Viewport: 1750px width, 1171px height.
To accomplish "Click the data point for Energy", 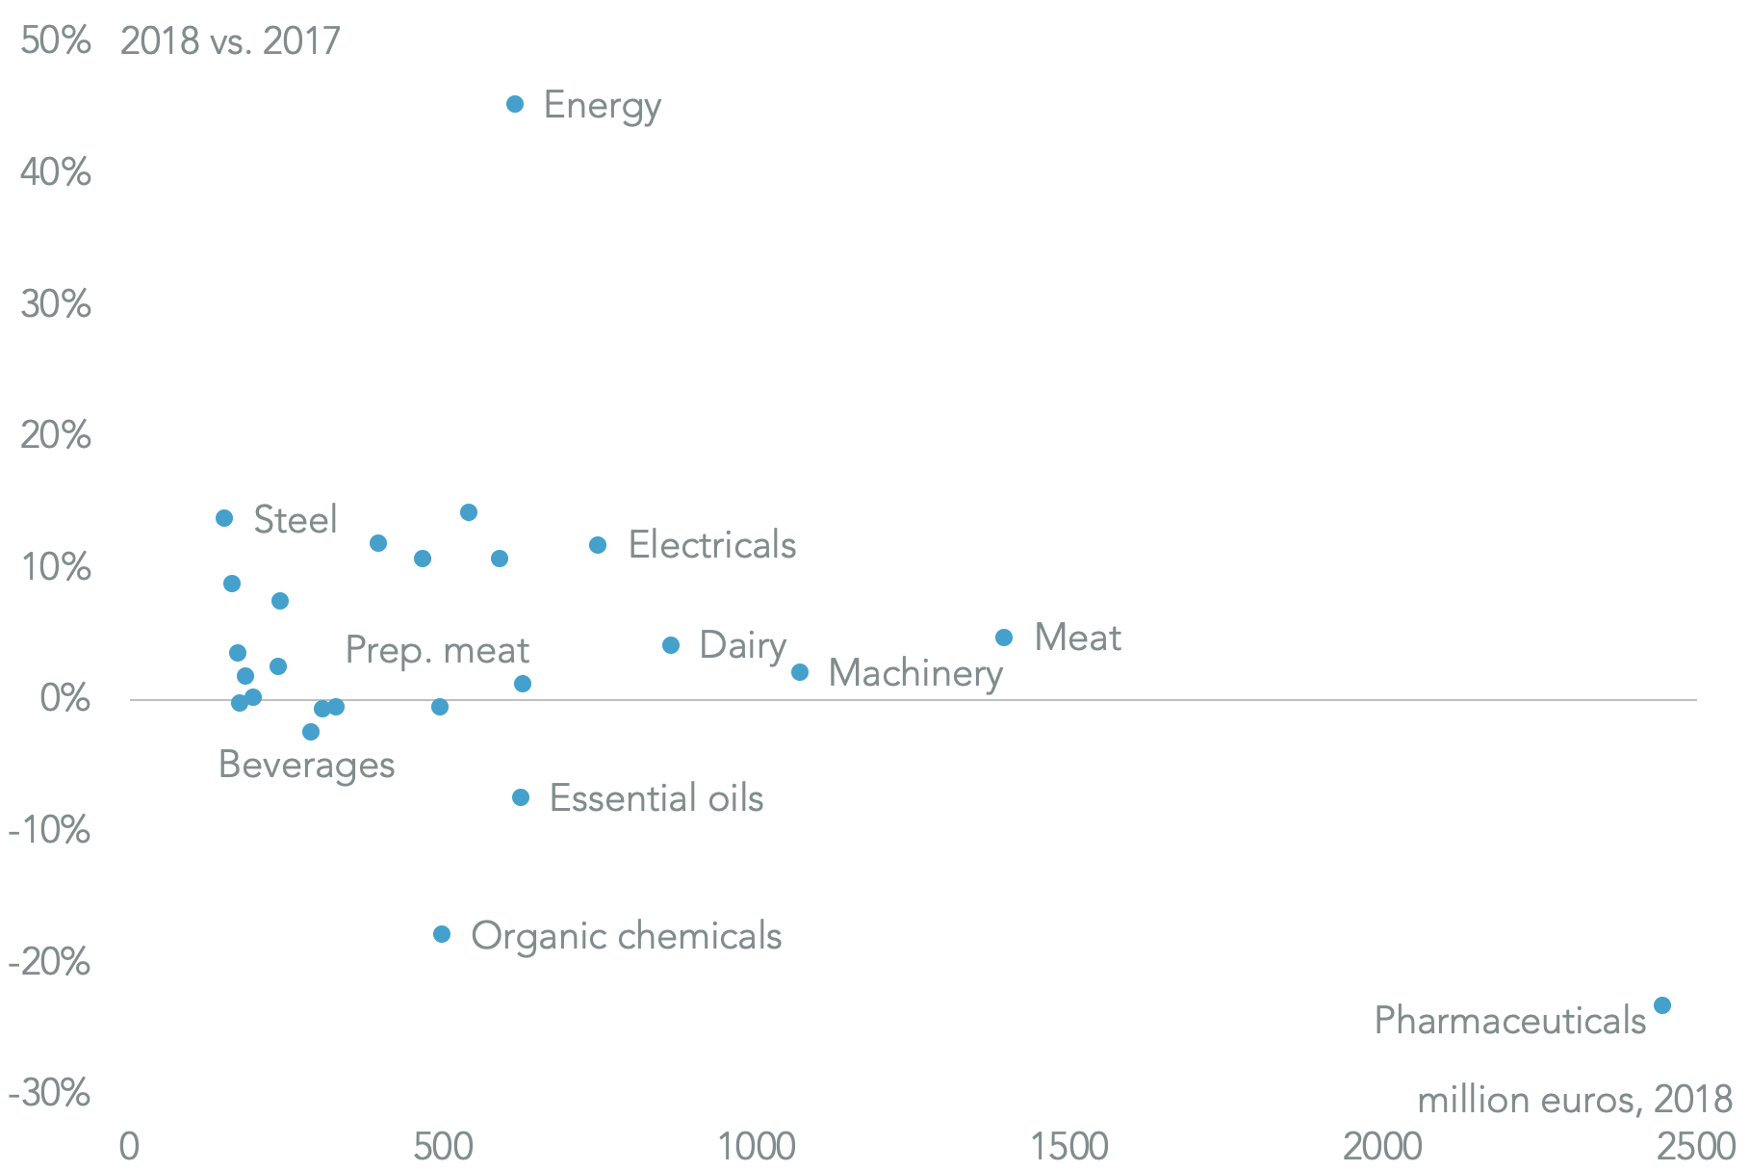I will pos(515,104).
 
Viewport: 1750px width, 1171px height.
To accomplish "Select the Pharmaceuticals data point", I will pos(1661,1005).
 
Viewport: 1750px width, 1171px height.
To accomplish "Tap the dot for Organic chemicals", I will pos(442,934).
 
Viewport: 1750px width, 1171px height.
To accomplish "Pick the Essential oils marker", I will pos(521,797).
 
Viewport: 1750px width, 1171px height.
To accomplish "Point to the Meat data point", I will pos(1004,638).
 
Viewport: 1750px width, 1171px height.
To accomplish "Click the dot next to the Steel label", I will pos(224,518).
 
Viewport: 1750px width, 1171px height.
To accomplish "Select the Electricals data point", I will pos(598,545).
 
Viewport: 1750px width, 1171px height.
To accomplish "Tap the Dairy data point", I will pos(671,645).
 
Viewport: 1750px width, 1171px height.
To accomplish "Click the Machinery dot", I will pos(800,672).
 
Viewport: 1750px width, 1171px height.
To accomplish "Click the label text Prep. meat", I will pos(437,651).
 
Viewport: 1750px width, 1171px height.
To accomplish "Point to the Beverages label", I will pos(307,765).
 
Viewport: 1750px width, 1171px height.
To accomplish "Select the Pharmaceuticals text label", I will pos(1509,1021).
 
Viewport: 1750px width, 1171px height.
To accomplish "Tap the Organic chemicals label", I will pos(626,936).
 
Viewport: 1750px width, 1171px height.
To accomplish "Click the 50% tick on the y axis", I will pos(56,41).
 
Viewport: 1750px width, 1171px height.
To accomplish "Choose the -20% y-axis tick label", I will pos(49,961).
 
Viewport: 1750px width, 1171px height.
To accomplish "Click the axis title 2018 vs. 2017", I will pos(230,41).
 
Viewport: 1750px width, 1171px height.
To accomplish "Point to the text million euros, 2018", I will pos(1575,1100).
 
